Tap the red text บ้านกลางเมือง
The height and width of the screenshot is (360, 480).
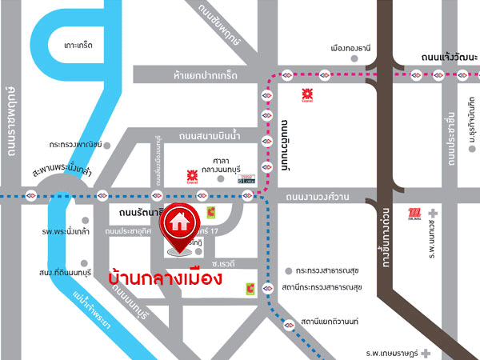coord(164,279)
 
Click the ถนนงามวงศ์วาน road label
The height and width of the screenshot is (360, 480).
coord(317,194)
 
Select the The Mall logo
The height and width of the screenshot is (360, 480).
coord(414,213)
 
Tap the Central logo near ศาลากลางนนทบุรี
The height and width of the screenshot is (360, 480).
coord(191,174)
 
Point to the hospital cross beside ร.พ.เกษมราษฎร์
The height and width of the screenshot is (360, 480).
coord(429,353)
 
